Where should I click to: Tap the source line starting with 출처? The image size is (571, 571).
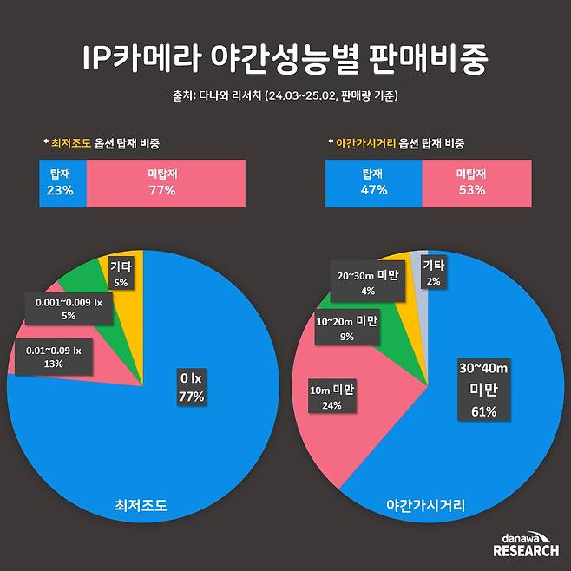pyautogui.click(x=285, y=95)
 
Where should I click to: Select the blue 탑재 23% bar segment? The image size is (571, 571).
pyautogui.click(x=63, y=183)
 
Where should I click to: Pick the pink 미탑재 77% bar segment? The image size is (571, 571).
pyautogui.click(x=161, y=183)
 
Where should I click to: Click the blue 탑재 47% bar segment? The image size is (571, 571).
pyautogui.click(x=373, y=183)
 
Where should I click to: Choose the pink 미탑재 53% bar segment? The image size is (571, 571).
pyautogui.click(x=476, y=183)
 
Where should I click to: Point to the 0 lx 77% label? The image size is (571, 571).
pyautogui.click(x=191, y=388)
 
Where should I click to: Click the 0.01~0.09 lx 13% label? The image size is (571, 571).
pyautogui.click(x=53, y=357)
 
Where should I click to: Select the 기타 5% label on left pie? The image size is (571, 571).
pyautogui.click(x=120, y=275)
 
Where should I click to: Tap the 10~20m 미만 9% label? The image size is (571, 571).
pyautogui.click(x=346, y=328)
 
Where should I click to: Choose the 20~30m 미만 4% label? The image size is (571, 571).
pyautogui.click(x=367, y=283)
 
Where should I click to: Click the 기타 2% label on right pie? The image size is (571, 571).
pyautogui.click(x=434, y=272)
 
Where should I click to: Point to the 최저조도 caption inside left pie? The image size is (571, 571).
pyautogui.click(x=141, y=504)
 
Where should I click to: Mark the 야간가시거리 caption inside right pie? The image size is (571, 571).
pyautogui.click(x=425, y=504)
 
